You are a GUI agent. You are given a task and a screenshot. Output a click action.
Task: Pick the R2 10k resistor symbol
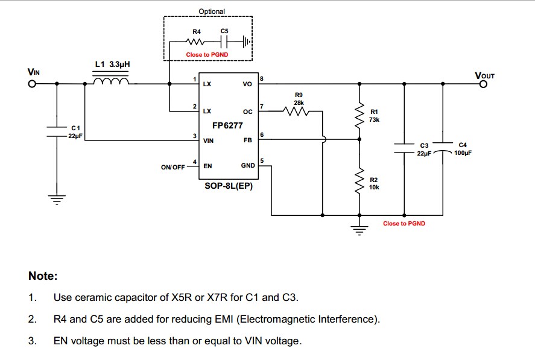(x=359, y=179)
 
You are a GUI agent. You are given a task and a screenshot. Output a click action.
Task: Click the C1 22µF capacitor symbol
(x=57, y=132)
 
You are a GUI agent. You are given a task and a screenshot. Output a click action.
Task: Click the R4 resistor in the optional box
(x=197, y=42)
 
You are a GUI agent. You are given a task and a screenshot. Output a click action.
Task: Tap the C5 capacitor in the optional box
(x=224, y=42)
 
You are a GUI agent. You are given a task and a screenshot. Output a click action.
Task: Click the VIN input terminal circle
(x=32, y=84)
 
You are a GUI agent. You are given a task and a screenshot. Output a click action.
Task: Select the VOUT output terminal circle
(x=483, y=84)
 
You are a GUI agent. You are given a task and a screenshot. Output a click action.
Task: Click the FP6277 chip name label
(x=227, y=126)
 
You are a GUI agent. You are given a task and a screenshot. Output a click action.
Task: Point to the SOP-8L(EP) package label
(x=228, y=186)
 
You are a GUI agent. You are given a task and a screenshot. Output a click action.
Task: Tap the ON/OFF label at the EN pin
(x=173, y=167)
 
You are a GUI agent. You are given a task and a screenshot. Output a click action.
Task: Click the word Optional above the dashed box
(x=211, y=11)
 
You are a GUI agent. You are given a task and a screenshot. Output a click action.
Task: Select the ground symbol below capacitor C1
(x=57, y=200)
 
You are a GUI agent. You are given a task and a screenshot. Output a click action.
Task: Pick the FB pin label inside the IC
(x=247, y=140)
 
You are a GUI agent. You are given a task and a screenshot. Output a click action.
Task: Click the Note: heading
(x=43, y=276)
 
